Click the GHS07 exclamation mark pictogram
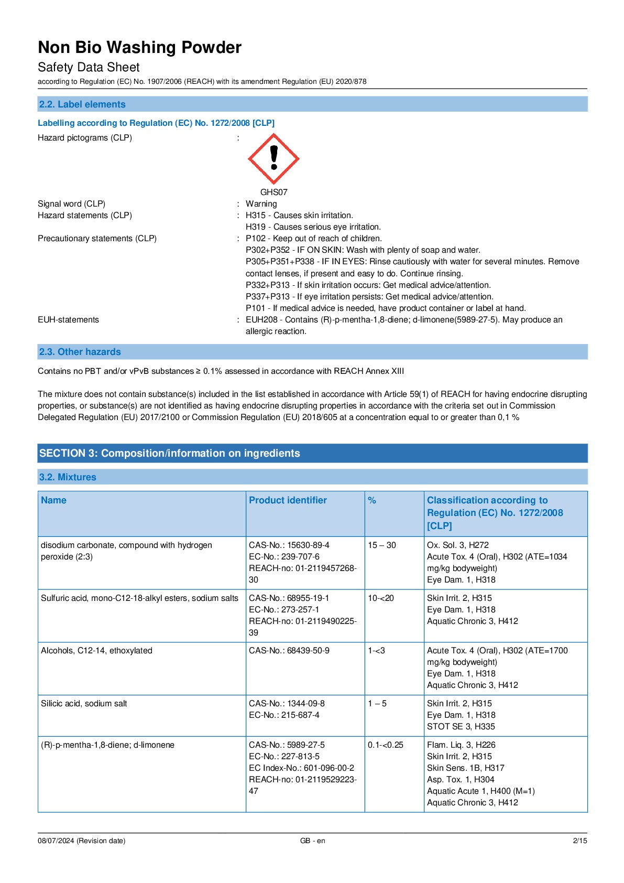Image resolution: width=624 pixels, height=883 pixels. (273, 159)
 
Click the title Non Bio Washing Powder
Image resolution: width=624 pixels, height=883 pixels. (139, 47)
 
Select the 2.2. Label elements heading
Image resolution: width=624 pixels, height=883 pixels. (82, 104)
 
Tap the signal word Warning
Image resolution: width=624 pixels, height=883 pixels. (261, 203)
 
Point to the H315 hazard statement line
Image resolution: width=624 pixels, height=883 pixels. (299, 215)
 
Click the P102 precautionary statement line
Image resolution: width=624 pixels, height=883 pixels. (314, 238)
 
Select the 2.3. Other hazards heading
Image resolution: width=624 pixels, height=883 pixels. (80, 352)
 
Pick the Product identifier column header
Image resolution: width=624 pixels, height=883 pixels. (288, 500)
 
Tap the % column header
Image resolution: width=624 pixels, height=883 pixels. (372, 500)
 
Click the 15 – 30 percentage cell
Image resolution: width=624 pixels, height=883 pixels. (382, 545)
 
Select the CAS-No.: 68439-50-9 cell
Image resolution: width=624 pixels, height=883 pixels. (289, 650)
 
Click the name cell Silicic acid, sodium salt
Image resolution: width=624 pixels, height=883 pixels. (84, 703)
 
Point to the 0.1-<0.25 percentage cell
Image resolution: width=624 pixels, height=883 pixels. (386, 745)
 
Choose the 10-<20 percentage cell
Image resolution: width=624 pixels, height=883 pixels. (381, 598)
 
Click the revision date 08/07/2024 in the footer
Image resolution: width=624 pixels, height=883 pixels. (81, 841)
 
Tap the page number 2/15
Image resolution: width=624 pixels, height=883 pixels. (580, 841)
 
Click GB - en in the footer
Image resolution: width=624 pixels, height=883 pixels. (312, 841)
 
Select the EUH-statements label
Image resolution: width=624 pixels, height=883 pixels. (68, 319)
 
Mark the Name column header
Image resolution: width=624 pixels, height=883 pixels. (53, 500)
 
